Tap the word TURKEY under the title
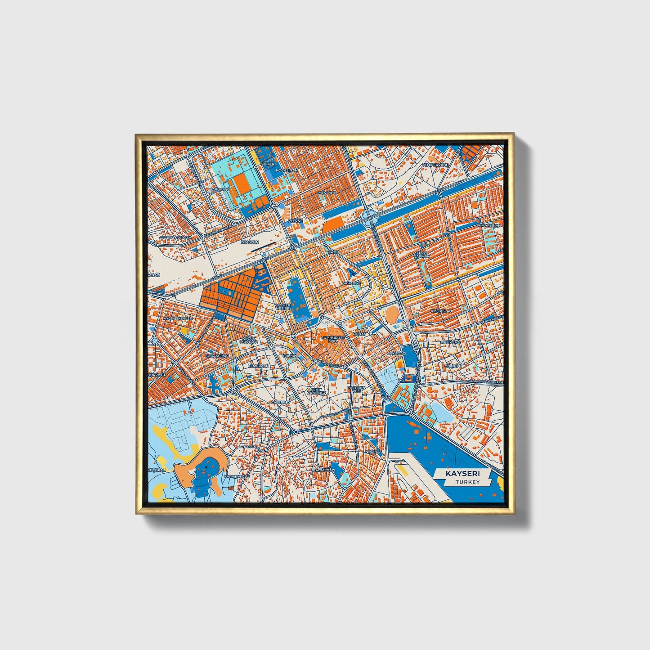[x=467, y=482]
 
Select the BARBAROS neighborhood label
[x=220, y=189]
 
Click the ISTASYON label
[x=250, y=242]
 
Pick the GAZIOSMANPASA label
[x=175, y=238]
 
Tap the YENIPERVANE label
[x=435, y=165]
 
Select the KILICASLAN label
[x=441, y=311]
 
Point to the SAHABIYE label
[x=352, y=283]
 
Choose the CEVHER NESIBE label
[x=283, y=307]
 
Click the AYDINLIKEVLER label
[x=178, y=318]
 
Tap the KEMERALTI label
[x=258, y=366]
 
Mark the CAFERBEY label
[x=280, y=402]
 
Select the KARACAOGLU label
[x=237, y=476]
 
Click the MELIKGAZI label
[x=450, y=342]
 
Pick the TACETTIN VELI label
[x=356, y=389]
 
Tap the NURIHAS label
[x=373, y=451]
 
